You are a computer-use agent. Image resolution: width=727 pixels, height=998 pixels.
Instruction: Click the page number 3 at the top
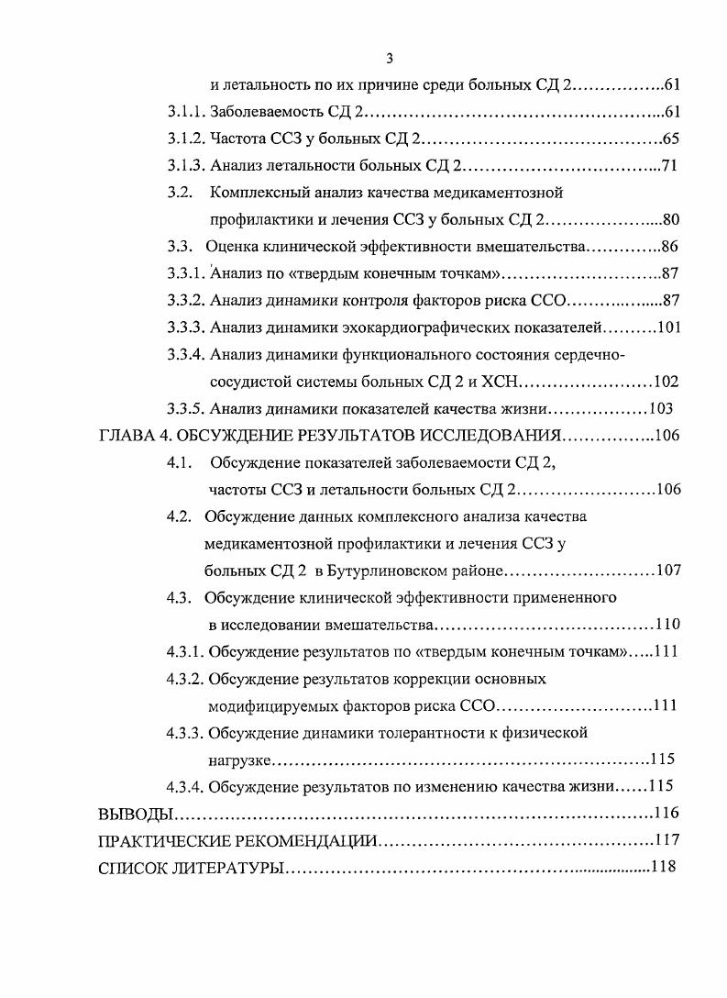tap(390, 59)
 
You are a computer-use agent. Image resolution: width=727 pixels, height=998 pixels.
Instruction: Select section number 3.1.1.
tap(187, 113)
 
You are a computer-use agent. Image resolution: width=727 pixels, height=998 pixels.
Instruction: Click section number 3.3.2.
tap(187, 300)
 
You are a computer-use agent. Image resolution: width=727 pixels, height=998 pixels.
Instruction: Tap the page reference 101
tap(667, 327)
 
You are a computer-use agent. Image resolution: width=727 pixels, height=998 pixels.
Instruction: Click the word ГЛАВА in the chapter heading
tap(125, 436)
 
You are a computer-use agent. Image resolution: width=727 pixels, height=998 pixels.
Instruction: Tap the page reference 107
tap(668, 571)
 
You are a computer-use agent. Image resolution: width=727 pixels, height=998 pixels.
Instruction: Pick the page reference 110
tap(667, 625)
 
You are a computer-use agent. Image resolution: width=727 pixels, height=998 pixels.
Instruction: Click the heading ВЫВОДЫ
tap(135, 814)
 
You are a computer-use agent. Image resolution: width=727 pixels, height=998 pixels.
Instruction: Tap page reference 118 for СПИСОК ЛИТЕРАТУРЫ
tap(663, 867)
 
